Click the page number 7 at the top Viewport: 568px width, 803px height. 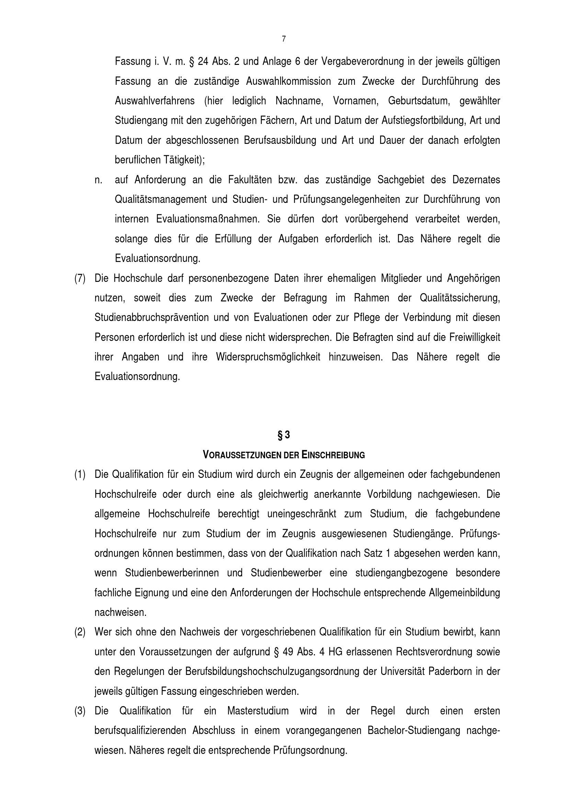click(x=284, y=39)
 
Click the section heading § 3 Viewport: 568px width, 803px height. click(x=284, y=435)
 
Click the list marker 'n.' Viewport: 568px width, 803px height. click(x=98, y=180)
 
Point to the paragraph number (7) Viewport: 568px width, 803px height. click(x=80, y=279)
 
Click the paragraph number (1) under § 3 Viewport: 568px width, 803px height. click(x=80, y=474)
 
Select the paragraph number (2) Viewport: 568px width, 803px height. click(x=80, y=632)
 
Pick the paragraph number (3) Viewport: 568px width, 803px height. click(x=80, y=711)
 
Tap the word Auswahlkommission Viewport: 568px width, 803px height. click(x=288, y=81)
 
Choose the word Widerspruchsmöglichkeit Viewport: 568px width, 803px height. click(x=268, y=357)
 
